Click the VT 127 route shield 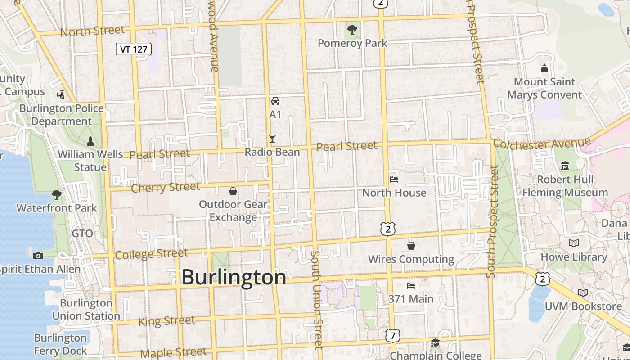[x=134, y=49]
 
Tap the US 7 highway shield [x=392, y=335]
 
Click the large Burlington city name [x=234, y=277]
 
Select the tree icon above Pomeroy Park [x=352, y=30]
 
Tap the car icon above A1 [x=275, y=101]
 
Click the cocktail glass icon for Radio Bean [x=272, y=138]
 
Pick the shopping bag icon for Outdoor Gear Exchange [x=233, y=192]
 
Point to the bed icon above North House [x=394, y=180]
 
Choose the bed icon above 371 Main [x=411, y=286]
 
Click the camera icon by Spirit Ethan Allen [x=38, y=256]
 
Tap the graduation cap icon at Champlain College [x=435, y=343]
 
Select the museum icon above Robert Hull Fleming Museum [x=565, y=166]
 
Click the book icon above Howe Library [x=574, y=243]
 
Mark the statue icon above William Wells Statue [x=90, y=141]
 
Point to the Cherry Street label [x=165, y=187]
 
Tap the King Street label [x=166, y=321]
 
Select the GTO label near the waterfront [x=82, y=234]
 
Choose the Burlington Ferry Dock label [x=60, y=344]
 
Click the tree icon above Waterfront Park [x=57, y=195]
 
